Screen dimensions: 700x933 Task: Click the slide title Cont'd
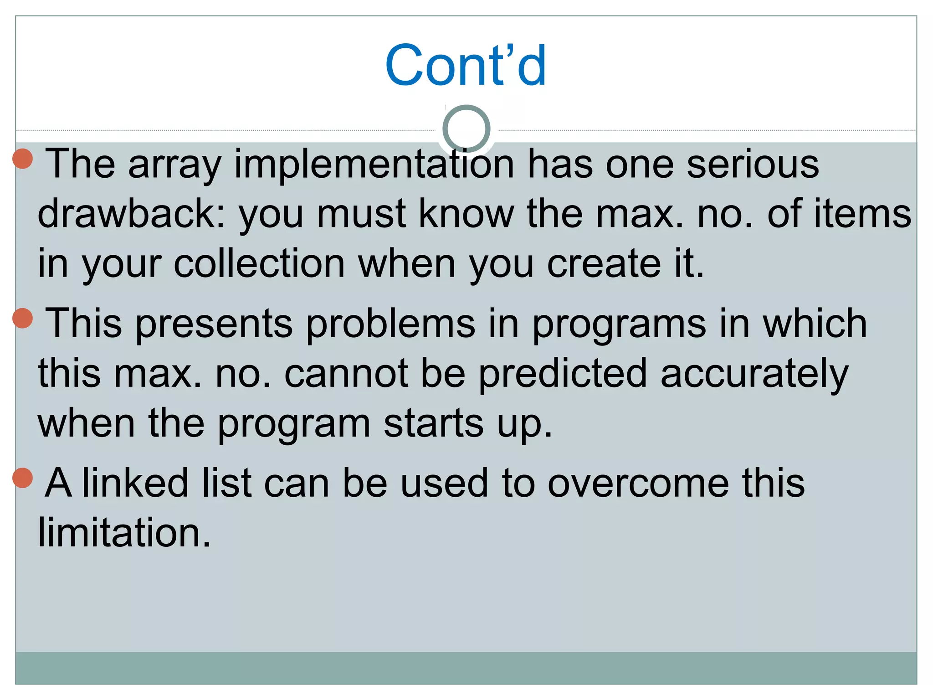(x=466, y=65)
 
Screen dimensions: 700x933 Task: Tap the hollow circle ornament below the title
(x=466, y=129)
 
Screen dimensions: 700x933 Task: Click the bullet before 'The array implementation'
(x=22, y=158)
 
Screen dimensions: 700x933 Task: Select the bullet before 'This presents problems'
(x=22, y=318)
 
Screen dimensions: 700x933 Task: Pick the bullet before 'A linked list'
(x=22, y=477)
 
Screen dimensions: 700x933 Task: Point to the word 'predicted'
(x=563, y=374)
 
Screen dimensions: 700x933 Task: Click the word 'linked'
(x=135, y=483)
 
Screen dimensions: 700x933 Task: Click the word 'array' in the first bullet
(x=175, y=165)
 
